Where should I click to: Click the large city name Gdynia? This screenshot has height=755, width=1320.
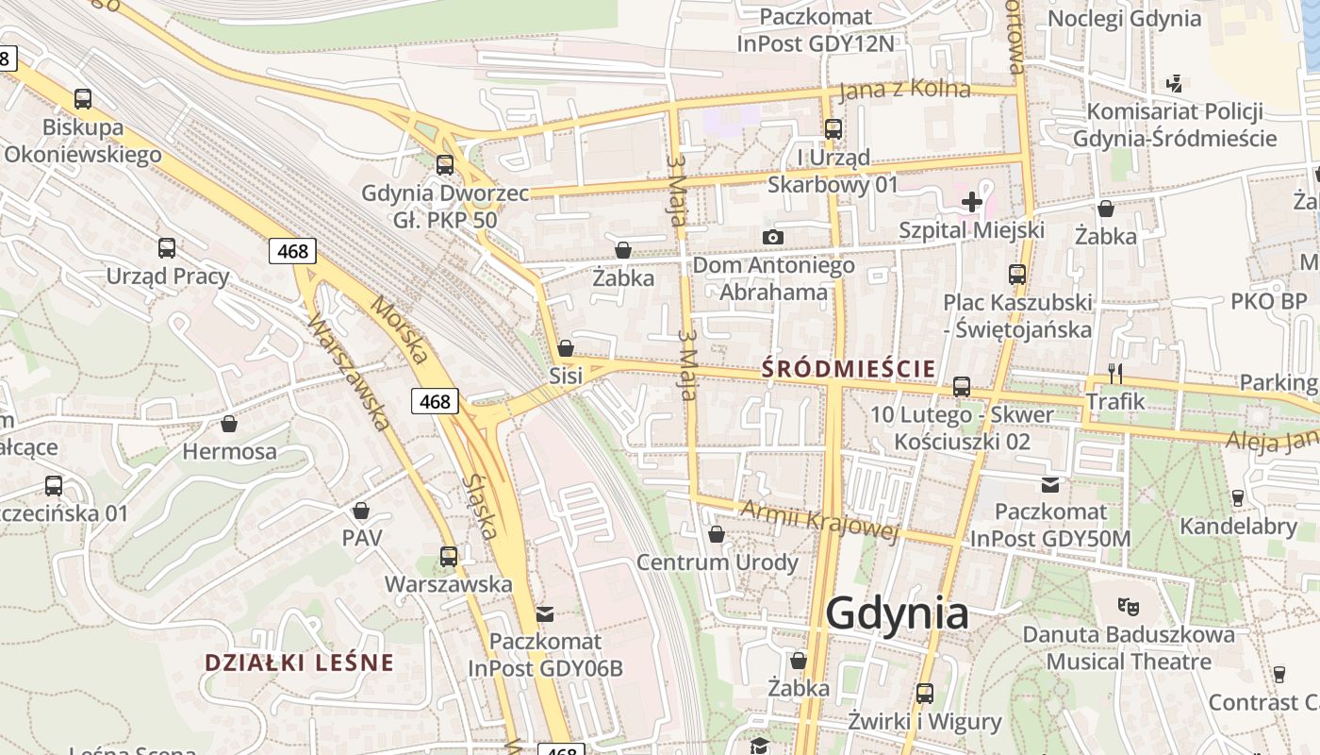coord(897,613)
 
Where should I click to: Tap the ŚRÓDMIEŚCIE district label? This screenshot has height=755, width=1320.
coord(849,368)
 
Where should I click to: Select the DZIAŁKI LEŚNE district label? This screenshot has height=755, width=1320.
coord(299,663)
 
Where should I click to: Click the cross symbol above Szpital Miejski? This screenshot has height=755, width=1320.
coord(971,201)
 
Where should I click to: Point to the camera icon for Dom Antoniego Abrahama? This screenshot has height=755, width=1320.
coord(773,237)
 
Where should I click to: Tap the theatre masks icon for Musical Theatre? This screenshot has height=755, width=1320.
coord(1128,605)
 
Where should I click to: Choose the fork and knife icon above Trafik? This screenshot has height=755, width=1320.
coord(1115,374)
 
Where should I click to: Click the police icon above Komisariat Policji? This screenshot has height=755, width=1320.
coord(1174,83)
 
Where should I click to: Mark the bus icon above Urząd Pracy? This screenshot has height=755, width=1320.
coord(167,248)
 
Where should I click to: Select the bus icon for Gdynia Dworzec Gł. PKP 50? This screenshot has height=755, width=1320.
coord(445,165)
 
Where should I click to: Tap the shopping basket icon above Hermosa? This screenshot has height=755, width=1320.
coord(229,424)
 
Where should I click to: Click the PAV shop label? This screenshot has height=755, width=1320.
coord(362,538)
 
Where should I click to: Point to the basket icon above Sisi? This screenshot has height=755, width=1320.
coord(566,348)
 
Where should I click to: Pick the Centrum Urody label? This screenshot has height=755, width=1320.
coord(717,562)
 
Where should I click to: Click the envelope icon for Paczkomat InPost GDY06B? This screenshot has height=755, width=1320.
coord(545,614)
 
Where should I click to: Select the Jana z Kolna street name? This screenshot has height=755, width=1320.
coord(903,90)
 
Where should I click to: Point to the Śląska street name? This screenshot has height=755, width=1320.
coord(480,506)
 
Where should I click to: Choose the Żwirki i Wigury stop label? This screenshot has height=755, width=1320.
coord(924,722)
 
